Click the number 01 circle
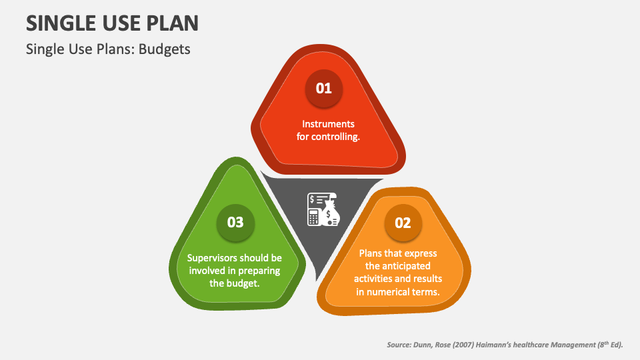(323, 88)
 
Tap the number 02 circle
(403, 223)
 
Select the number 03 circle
(235, 223)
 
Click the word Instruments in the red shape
(328, 124)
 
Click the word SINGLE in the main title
(59, 23)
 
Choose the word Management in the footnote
(569, 345)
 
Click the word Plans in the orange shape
(372, 253)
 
